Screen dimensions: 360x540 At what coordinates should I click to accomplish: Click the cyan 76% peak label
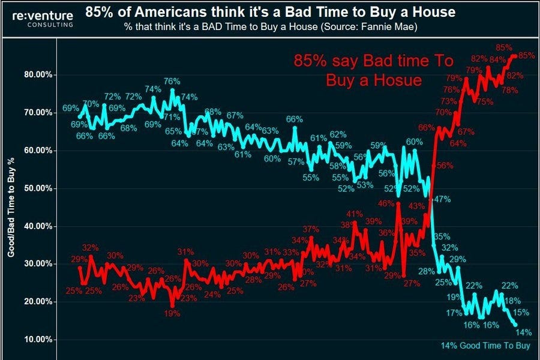[x=172, y=82]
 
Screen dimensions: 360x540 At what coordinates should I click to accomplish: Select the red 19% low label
[x=173, y=313]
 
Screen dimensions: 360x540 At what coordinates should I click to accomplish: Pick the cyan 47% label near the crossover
[x=442, y=199]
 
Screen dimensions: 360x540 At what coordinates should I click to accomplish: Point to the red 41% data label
[x=354, y=214]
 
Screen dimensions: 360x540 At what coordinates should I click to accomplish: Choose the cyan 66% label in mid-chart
[x=294, y=119]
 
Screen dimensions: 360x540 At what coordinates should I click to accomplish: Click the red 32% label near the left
[x=90, y=247]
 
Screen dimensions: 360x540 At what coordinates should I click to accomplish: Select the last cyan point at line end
[x=515, y=324]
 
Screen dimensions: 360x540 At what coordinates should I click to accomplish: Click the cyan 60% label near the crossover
[x=414, y=142]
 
